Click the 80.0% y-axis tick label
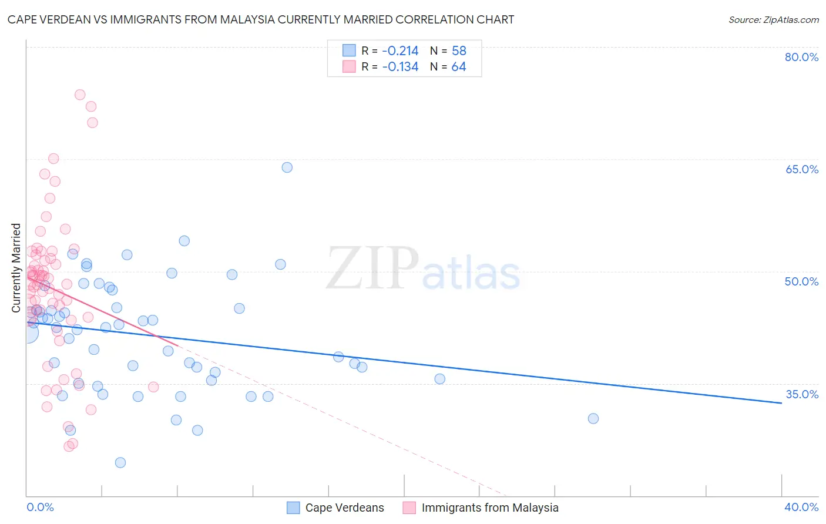click(x=801, y=57)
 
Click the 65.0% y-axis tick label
click(x=801, y=169)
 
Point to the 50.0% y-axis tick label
click(x=801, y=281)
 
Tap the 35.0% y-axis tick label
click(x=801, y=394)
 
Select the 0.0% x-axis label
click(x=40, y=507)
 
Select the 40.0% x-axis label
click(x=801, y=507)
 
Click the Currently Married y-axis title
click(x=16, y=268)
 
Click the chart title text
click(x=261, y=19)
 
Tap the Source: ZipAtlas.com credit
click(x=773, y=19)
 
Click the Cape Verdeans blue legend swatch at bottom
click(x=293, y=508)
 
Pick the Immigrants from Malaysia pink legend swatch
click(x=409, y=508)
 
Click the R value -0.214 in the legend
click(x=400, y=51)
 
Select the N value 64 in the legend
click(x=458, y=67)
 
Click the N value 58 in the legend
click(x=458, y=51)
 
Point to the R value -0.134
click(x=400, y=67)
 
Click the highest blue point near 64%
click(x=287, y=167)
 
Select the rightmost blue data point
click(x=593, y=418)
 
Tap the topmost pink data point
click(x=80, y=95)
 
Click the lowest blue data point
click(x=120, y=462)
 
